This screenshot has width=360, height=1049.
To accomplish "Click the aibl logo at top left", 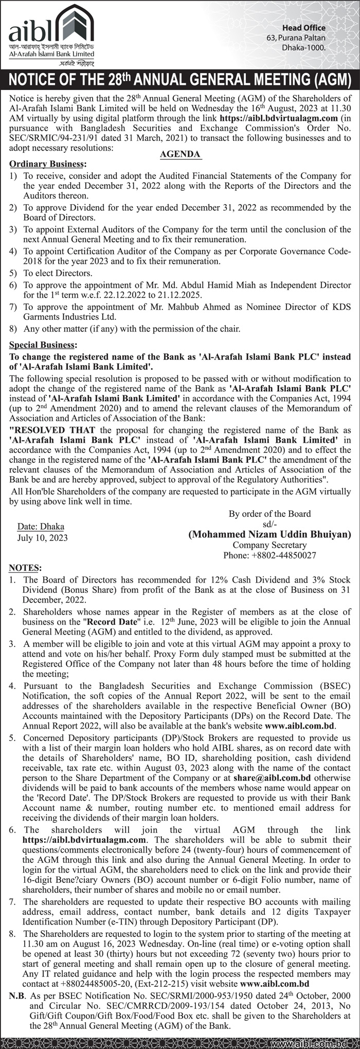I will coord(51,33).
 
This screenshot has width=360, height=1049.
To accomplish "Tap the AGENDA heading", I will coord(180,154).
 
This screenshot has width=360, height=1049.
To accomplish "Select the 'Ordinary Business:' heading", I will coord(46,164).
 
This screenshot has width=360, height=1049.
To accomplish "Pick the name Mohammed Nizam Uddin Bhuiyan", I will coord(270,534).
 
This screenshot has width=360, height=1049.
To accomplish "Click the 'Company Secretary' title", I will coord(269,545).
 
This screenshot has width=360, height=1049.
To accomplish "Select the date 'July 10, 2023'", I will coord(42,538).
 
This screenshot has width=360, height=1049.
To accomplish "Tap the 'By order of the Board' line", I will coord(269,514).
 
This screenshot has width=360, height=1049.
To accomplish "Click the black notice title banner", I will coord(180,81).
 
